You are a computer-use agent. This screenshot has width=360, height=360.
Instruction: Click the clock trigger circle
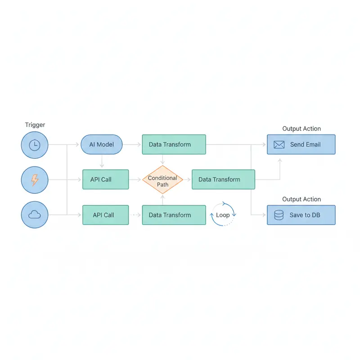[34, 145]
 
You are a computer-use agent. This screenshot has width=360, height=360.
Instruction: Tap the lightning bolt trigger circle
[34, 180]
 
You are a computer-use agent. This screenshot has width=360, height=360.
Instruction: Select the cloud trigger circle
[34, 215]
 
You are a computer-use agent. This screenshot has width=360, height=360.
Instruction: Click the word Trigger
[35, 125]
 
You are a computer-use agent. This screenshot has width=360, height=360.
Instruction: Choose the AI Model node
[102, 145]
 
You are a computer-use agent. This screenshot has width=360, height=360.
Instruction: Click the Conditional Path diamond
[162, 180]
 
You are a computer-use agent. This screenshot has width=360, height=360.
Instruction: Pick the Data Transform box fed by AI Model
[174, 145]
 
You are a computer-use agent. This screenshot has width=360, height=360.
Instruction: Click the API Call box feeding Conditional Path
[105, 180]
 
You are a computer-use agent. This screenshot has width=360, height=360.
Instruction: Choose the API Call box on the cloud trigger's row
[105, 215]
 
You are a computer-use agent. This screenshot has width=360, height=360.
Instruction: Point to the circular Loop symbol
[223, 215]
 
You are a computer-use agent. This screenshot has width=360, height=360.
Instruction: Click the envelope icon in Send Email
[279, 144]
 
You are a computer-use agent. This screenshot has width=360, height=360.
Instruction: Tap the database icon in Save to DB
[279, 215]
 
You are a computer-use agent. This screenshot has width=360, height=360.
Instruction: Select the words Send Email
[305, 144]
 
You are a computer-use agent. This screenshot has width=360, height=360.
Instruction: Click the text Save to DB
[305, 215]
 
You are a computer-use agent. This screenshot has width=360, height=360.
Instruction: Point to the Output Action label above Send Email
[301, 129]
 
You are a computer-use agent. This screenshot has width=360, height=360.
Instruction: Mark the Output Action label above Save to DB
[301, 199]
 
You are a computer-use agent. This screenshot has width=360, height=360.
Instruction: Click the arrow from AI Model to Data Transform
[132, 145]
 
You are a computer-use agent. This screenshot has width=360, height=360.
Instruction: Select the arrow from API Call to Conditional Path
[135, 180]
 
